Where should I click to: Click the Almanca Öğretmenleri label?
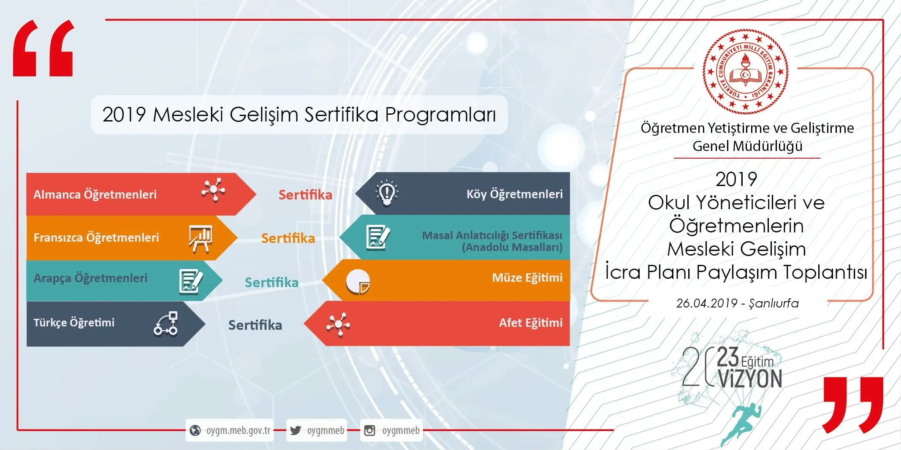(x=95, y=194)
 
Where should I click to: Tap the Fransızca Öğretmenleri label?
(x=96, y=237)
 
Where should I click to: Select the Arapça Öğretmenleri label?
(x=90, y=278)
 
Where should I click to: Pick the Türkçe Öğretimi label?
(x=74, y=323)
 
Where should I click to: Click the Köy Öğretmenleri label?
(x=515, y=194)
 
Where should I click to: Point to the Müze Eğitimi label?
(x=527, y=278)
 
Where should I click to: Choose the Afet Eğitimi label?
(x=531, y=323)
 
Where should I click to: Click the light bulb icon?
(x=387, y=193)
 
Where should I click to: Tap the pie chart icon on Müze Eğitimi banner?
(x=358, y=282)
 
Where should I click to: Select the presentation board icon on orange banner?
(x=200, y=239)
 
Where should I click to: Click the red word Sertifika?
(x=305, y=195)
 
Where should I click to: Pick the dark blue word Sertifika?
(x=255, y=325)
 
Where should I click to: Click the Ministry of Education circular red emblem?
(x=746, y=72)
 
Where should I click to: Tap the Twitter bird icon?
(x=296, y=430)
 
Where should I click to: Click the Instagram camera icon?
(x=369, y=430)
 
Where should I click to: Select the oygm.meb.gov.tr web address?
(x=238, y=430)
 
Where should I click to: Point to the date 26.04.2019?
(x=707, y=303)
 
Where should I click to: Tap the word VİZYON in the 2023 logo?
(x=750, y=379)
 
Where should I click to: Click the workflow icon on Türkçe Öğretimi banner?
(x=166, y=323)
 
